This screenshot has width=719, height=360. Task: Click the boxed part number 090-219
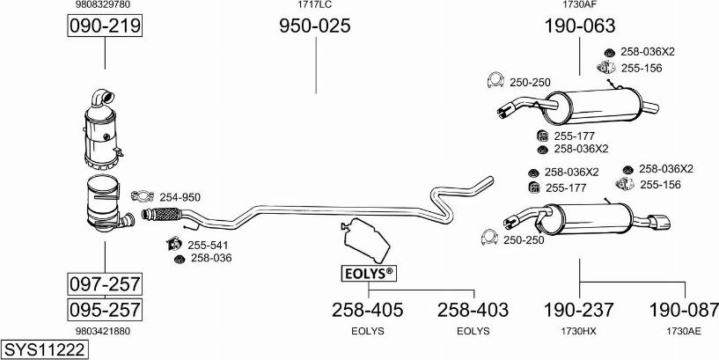(x=105, y=26)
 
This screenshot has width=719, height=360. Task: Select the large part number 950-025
(x=315, y=26)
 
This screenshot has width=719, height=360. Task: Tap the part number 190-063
(x=580, y=26)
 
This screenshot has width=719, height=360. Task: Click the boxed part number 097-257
(x=105, y=284)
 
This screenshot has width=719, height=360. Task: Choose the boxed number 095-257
(x=105, y=310)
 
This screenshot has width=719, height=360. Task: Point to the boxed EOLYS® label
(x=369, y=274)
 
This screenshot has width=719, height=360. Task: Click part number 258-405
(x=368, y=310)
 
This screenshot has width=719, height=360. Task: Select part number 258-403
(x=473, y=310)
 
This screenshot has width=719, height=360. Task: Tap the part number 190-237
(x=579, y=310)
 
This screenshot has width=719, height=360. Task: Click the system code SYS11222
(x=45, y=350)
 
